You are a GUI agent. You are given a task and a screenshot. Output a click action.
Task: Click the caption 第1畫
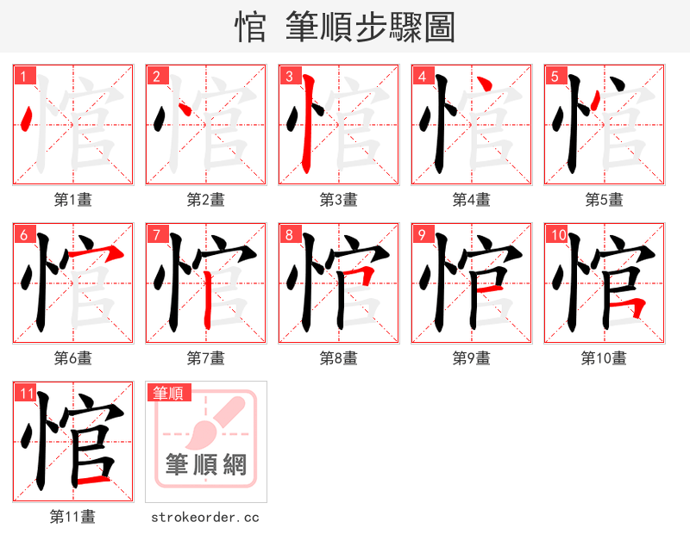tap(73, 200)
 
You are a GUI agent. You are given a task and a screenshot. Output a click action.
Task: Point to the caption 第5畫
tap(604, 200)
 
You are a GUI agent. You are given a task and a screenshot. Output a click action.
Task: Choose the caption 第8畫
tap(338, 358)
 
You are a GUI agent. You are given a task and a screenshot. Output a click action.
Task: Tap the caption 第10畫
tap(604, 358)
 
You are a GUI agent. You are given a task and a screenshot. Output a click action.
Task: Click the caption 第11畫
tap(73, 517)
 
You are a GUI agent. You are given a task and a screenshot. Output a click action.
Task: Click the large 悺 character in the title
tap(251, 28)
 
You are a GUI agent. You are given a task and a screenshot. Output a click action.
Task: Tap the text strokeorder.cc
tap(205, 517)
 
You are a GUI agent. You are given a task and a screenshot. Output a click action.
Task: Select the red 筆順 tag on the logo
tap(168, 393)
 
